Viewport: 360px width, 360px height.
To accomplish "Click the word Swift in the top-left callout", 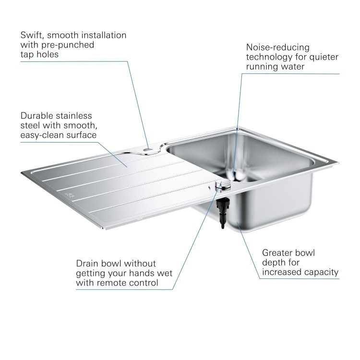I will (x=32, y=35).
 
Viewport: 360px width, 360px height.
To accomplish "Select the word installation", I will (x=102, y=35).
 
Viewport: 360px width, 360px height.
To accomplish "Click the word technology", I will (x=271, y=57).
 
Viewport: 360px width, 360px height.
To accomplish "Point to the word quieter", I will (x=323, y=57).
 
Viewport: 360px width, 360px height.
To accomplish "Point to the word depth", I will (x=273, y=263).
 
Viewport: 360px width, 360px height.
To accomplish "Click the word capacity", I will (x=322, y=272).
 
